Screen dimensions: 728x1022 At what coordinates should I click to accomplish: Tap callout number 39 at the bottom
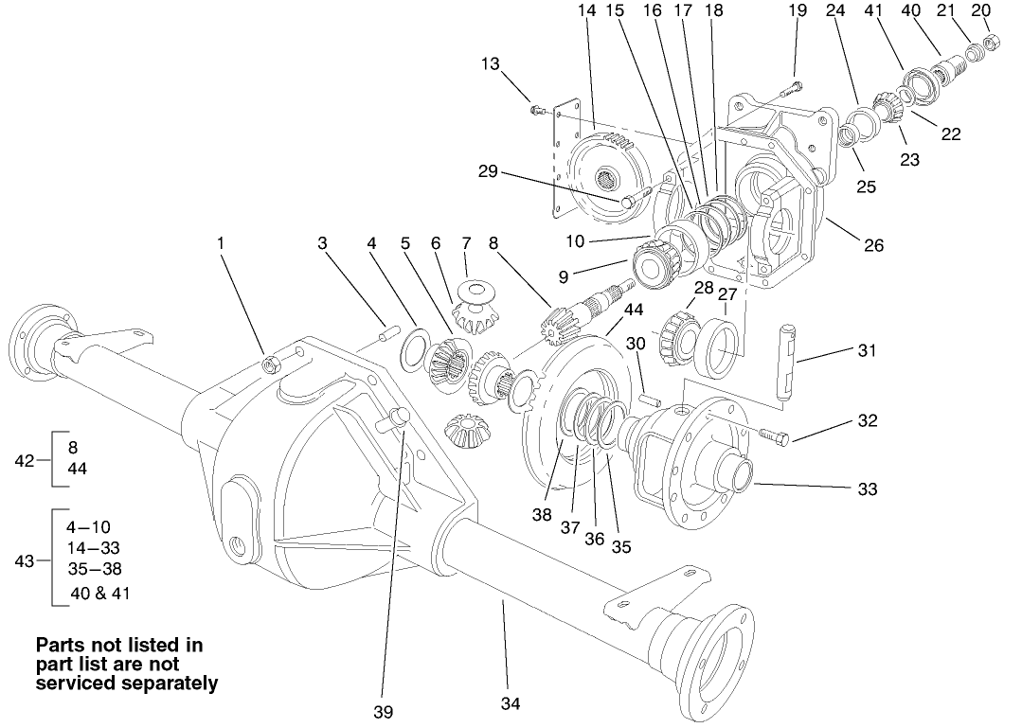pos(383,711)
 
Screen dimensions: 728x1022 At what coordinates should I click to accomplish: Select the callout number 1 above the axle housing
pos(220,243)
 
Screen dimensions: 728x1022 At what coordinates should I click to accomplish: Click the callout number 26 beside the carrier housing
pos(873,245)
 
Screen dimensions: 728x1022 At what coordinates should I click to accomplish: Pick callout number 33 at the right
pos(866,489)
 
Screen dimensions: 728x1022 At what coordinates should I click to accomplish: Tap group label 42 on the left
pos(25,460)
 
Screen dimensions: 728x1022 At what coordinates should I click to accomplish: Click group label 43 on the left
pos(25,560)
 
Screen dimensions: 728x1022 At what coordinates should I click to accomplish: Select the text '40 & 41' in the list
pos(100,594)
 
